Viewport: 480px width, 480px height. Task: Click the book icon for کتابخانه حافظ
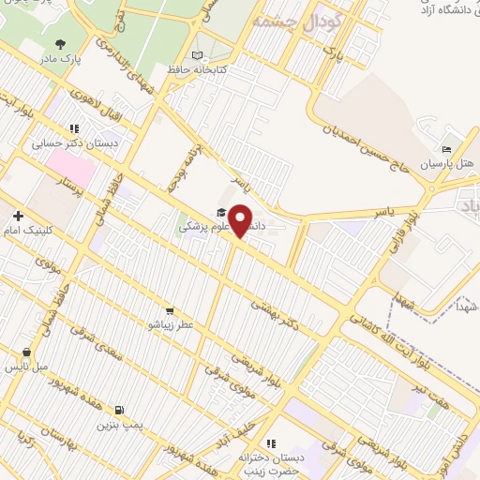click(x=196, y=55)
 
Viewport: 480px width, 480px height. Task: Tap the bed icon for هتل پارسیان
click(x=446, y=149)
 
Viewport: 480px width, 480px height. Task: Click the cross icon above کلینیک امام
click(x=18, y=216)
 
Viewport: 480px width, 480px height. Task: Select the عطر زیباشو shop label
click(x=169, y=323)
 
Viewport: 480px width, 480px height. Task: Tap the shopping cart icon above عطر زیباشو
click(x=169, y=310)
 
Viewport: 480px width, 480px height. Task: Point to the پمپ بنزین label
click(x=118, y=424)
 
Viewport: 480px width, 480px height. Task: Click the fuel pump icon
click(x=118, y=410)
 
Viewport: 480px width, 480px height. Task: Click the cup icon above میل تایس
click(x=25, y=352)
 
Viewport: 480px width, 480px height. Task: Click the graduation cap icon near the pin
click(x=221, y=213)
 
